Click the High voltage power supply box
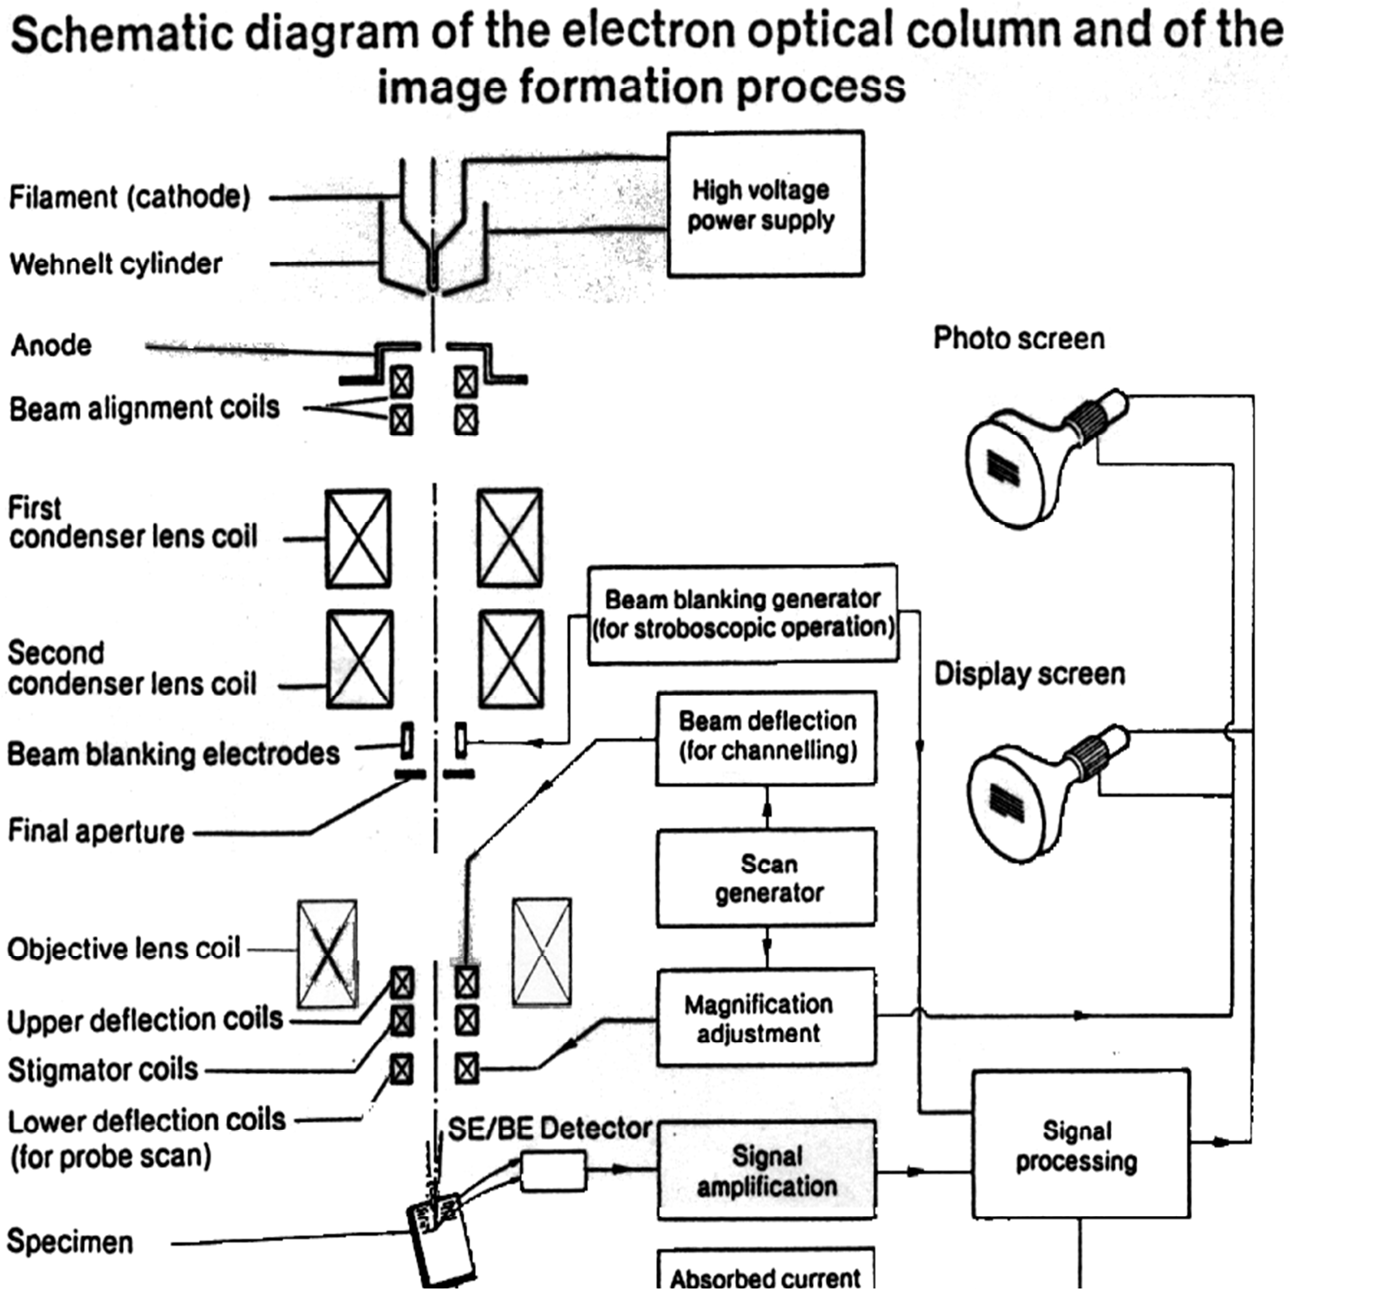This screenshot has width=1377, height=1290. (x=765, y=204)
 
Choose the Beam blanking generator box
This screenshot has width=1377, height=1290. (x=743, y=614)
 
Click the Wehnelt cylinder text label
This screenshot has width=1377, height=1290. (x=116, y=264)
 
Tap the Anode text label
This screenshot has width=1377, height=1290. (x=51, y=345)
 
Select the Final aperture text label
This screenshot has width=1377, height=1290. (x=96, y=831)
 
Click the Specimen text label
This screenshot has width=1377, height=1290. (x=70, y=1242)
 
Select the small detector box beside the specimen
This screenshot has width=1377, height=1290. (x=553, y=1171)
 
